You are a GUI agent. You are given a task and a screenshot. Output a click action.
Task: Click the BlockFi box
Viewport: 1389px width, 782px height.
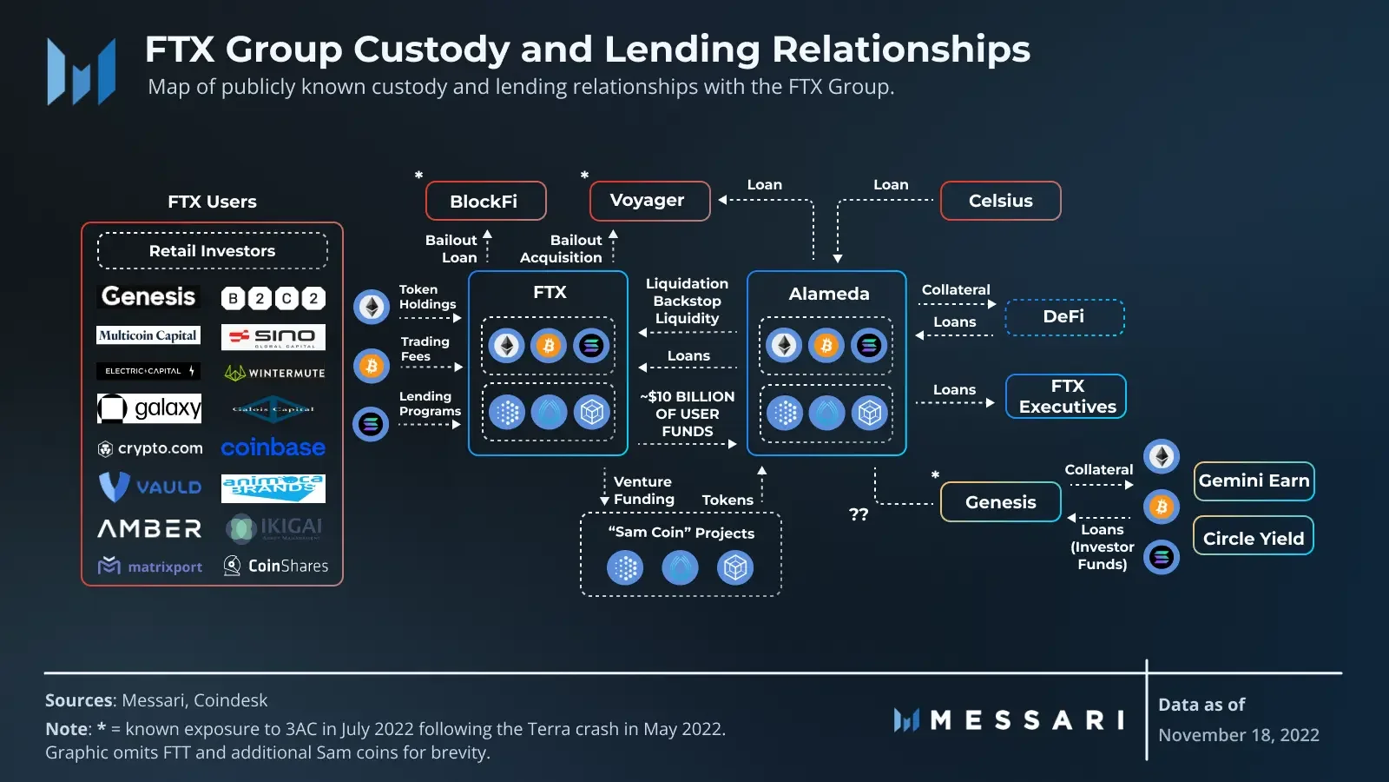pos(485,201)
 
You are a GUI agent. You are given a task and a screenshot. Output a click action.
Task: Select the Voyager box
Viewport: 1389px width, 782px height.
pos(648,201)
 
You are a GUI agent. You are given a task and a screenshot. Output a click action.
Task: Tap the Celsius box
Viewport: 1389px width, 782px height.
pos(1000,201)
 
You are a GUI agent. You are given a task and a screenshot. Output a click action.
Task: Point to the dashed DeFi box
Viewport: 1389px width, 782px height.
pos(1064,317)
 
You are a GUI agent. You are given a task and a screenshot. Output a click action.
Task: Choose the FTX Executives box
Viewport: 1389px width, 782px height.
pos(1066,396)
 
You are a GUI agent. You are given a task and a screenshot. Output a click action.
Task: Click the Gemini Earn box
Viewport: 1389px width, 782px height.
pos(1254,481)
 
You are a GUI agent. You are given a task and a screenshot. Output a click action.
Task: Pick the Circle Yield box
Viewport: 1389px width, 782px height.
pos(1253,538)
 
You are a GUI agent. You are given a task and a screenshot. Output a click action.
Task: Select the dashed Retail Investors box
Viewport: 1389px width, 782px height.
pos(212,250)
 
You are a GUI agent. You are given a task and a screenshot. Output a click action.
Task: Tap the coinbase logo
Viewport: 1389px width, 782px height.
pos(273,447)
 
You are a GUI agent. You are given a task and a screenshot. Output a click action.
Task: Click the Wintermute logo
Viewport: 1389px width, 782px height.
pos(274,373)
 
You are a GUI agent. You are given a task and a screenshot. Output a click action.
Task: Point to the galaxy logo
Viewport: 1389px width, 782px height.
pos(149,408)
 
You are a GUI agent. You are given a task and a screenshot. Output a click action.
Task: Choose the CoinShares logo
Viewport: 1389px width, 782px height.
pos(275,566)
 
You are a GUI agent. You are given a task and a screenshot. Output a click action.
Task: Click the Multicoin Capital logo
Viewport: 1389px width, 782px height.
pos(148,335)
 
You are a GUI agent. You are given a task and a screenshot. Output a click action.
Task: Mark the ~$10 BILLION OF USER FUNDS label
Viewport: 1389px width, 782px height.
pos(687,414)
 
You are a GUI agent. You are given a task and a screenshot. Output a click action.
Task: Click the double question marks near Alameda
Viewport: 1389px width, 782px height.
pos(859,514)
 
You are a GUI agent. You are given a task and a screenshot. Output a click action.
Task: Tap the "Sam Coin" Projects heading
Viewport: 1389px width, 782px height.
pos(681,533)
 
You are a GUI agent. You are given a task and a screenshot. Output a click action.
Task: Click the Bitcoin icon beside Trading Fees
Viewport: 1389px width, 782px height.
pos(371,366)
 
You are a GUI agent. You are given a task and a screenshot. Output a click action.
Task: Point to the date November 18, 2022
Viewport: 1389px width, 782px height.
pos(1238,735)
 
